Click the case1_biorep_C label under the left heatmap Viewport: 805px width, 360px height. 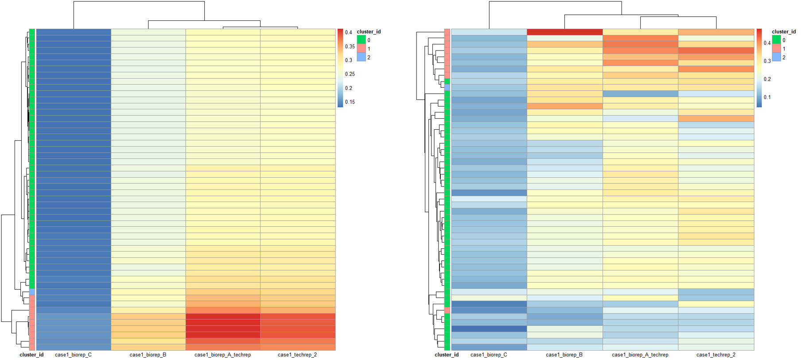73,355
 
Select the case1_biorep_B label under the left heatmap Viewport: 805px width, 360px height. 148,355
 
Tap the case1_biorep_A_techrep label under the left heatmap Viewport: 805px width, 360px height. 222,355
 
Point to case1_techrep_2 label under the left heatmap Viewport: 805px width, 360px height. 297,355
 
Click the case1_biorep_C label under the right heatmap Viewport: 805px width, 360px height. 489,355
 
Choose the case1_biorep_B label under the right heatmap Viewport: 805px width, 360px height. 564,355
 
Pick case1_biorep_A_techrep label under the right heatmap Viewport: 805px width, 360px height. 640,355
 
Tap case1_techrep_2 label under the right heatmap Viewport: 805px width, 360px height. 716,355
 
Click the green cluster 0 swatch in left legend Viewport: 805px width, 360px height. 362,40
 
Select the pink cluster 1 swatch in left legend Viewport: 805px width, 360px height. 362,49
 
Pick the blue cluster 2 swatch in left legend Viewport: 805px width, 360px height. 362,57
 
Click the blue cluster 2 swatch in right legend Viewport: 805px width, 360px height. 777,57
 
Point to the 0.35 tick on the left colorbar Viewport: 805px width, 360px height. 350,46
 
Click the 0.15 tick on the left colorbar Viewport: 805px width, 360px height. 350,102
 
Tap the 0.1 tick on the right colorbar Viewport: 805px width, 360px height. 767,97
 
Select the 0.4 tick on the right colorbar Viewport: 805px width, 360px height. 767,43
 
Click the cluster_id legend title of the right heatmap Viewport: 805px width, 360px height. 784,31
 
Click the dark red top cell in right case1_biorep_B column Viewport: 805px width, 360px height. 564,32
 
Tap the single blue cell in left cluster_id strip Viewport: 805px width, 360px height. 32,292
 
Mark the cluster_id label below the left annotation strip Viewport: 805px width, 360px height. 31,355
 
